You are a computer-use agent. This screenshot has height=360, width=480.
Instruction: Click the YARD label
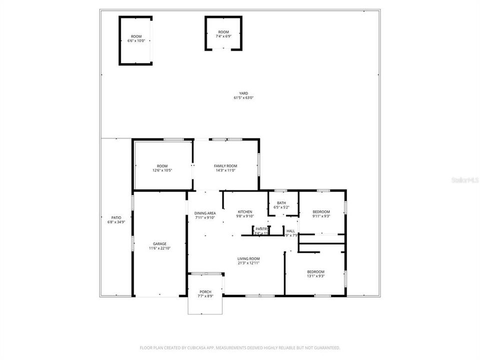coord(243,93)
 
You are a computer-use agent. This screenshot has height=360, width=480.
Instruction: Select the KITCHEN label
coord(245,211)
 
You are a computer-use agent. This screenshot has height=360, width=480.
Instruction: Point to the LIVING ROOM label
coord(248,258)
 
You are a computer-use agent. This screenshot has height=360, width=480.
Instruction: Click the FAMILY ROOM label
coord(225,166)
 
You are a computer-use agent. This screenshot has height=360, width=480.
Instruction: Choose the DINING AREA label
coord(205,213)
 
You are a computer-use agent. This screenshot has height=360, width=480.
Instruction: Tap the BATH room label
coord(281,203)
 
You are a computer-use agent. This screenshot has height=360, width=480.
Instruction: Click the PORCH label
coord(205,292)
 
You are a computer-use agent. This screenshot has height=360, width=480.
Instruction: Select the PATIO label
coord(116,217)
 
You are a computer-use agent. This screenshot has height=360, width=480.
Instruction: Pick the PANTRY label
coord(262,229)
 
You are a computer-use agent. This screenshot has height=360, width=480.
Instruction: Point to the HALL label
coord(290,231)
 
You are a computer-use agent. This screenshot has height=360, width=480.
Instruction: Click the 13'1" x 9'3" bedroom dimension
coord(315,276)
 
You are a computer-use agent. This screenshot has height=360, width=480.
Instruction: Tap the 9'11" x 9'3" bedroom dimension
coord(321,216)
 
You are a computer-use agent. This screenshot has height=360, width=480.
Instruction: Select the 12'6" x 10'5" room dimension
coord(162,170)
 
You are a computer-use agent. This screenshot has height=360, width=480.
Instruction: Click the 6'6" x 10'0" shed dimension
coord(136,41)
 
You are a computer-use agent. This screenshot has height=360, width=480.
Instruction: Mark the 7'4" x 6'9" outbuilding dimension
coord(223,36)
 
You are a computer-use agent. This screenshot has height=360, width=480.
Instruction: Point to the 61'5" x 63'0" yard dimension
coord(243,98)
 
